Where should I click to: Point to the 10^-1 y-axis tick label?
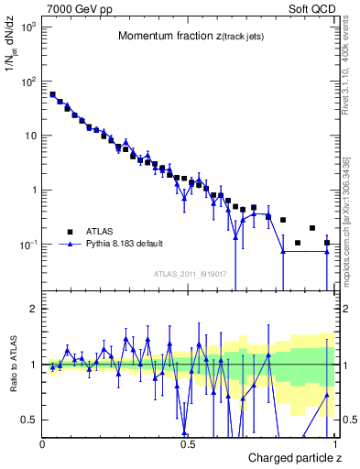(27, 245)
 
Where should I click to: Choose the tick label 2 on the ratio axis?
(33, 309)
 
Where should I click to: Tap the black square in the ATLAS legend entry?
(70, 232)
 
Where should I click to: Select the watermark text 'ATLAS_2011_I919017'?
(191, 274)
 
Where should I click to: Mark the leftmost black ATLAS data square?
(52, 94)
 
